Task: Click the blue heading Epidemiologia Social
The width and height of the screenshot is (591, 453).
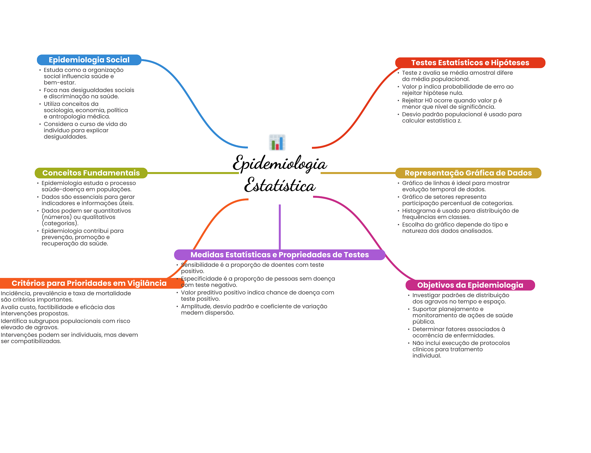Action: coord(89,60)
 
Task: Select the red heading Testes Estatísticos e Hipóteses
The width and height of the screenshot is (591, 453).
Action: coord(470,63)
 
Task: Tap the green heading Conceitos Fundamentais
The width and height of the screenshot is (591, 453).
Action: coord(91,173)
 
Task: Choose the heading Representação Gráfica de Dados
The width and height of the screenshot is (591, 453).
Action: coord(468,173)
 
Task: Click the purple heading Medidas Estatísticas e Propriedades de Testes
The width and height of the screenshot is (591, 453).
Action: coord(279,255)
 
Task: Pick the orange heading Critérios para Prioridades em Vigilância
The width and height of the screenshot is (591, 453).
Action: coord(89,283)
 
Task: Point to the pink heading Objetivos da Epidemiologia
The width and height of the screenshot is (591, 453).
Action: coord(470,285)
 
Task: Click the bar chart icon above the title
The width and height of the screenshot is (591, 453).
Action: coord(277,142)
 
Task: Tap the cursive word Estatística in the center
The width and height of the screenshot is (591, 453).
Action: coord(279,185)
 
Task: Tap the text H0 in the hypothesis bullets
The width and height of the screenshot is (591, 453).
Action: coord(428,100)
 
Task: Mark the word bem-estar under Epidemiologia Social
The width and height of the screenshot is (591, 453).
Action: coord(59,83)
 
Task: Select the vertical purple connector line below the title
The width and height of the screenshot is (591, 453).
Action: coord(280,227)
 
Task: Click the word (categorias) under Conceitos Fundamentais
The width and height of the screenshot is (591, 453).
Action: coord(60,223)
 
